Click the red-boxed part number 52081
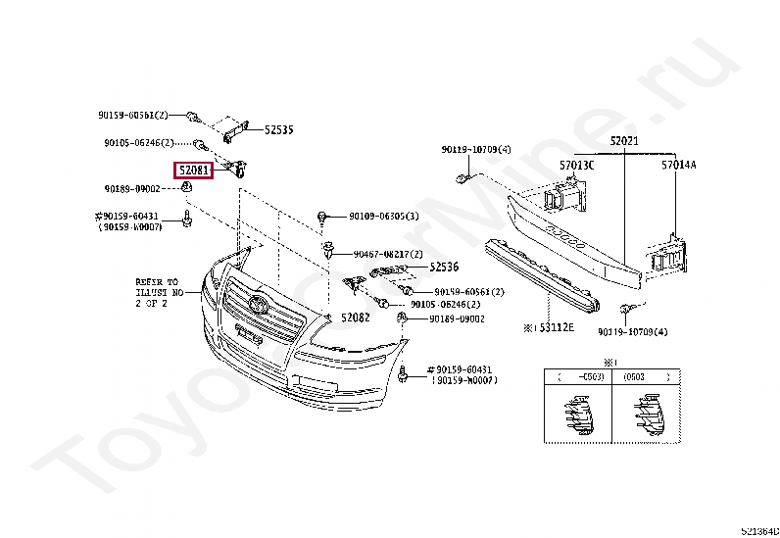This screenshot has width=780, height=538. [x=193, y=170]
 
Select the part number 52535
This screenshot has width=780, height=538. [x=278, y=129]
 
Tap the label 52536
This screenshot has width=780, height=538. [x=443, y=266]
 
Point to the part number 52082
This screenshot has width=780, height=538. [x=356, y=318]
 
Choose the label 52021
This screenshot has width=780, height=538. [x=624, y=141]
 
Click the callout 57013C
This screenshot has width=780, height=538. [x=577, y=166]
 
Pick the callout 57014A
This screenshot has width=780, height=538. [x=678, y=166]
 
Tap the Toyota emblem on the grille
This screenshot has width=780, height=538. [x=258, y=302]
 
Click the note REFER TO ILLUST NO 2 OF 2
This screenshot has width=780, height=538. [x=160, y=292]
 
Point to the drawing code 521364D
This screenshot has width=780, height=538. [x=759, y=530]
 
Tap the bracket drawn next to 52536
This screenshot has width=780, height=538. [x=388, y=270]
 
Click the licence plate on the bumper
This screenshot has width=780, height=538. [x=247, y=336]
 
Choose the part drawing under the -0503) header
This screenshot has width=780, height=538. [x=579, y=416]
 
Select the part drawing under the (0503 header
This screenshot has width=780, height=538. [x=646, y=416]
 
